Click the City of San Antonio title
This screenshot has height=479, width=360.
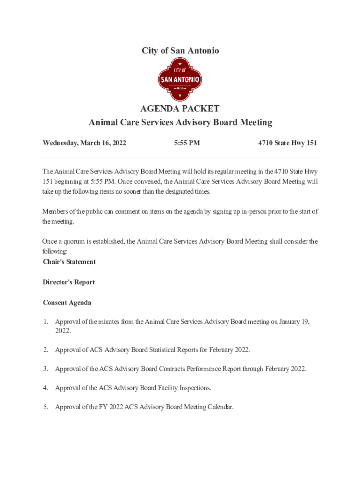click(x=180, y=51)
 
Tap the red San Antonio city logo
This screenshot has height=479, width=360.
click(x=180, y=80)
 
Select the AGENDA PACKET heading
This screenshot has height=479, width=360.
click(x=180, y=109)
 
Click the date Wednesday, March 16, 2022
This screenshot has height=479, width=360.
click(x=84, y=143)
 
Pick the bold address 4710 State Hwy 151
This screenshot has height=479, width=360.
click(x=288, y=143)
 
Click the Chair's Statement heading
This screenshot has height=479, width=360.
click(x=69, y=261)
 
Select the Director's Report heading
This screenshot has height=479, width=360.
click(x=69, y=282)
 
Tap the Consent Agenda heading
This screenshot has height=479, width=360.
click(x=67, y=303)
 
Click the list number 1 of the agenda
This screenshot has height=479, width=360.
click(x=46, y=321)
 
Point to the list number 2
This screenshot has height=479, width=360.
click(x=46, y=350)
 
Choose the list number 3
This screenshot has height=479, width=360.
click(x=46, y=369)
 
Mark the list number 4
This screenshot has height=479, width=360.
click(x=46, y=388)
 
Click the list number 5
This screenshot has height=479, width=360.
click(x=46, y=407)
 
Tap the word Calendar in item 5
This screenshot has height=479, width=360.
click(x=218, y=407)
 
